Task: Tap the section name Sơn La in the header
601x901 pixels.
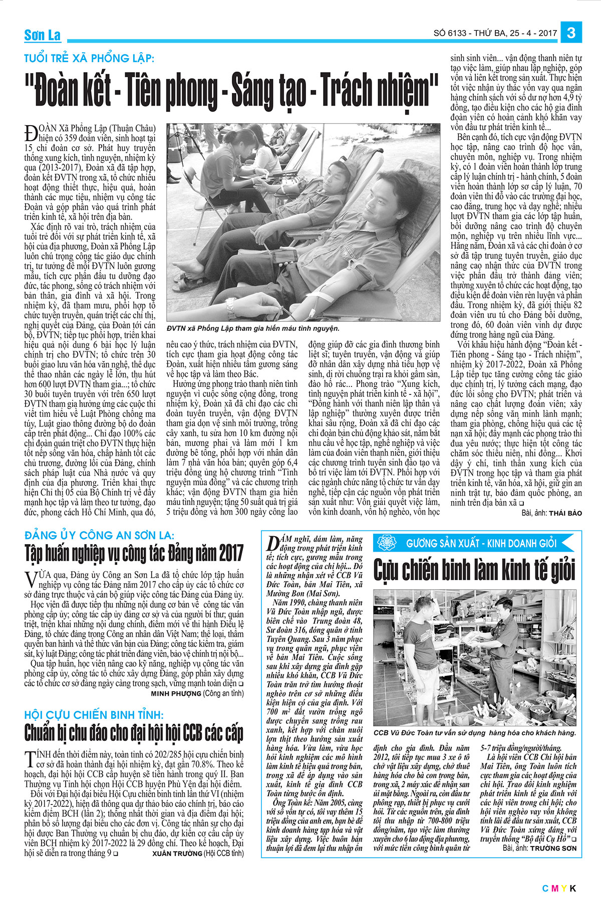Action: [x=43, y=36]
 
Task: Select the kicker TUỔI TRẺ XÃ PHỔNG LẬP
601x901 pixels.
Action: [x=90, y=59]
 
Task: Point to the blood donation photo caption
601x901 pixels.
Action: [x=253, y=328]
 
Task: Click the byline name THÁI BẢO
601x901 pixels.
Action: [x=565, y=514]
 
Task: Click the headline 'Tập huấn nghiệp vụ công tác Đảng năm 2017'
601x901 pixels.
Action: [x=134, y=553]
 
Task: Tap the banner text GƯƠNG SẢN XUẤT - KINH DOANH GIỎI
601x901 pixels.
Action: [x=481, y=543]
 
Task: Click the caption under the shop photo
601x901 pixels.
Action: [x=475, y=732]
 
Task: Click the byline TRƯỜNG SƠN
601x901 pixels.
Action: [x=553, y=848]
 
